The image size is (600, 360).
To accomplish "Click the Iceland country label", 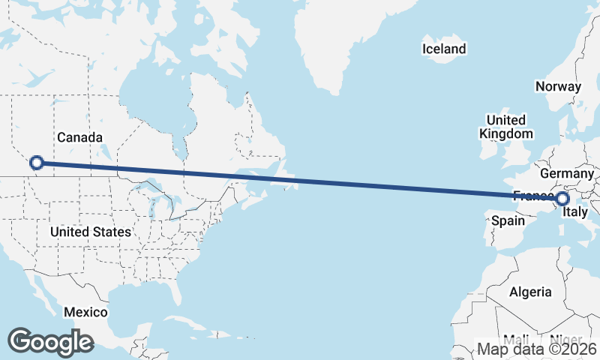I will (444, 49).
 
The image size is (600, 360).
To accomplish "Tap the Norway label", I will (558, 86).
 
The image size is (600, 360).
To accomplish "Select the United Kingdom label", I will (506, 127).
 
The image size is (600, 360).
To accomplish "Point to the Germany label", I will (566, 174).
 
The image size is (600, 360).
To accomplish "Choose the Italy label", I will (575, 212).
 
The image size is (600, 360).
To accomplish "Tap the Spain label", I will (507, 221).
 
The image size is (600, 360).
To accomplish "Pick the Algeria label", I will (530, 292).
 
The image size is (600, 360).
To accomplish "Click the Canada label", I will (79, 137).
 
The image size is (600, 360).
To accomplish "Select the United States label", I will (91, 232).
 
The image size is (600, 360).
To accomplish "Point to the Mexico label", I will (85, 312).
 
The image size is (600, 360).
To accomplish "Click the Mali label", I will (515, 338).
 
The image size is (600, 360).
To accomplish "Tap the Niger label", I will (565, 338).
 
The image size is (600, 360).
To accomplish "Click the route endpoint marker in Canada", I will (36, 162).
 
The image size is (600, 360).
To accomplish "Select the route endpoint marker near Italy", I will (562, 199).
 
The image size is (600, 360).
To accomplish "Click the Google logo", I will (50, 341).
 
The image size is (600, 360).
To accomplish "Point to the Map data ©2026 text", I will (537, 349).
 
